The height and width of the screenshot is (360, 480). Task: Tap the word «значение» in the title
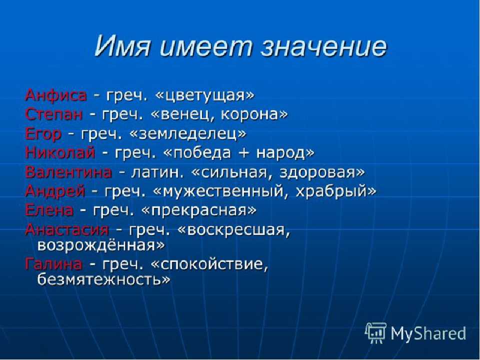(323, 47)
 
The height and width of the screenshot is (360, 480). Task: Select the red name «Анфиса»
(55, 95)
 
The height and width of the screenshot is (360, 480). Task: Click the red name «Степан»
(54, 114)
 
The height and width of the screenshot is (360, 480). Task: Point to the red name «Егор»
(43, 134)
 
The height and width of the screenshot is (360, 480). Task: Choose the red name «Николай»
(60, 152)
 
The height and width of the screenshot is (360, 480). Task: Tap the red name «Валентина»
(68, 172)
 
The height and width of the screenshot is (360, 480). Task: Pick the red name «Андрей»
(55, 191)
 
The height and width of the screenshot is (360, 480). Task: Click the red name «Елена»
(49, 210)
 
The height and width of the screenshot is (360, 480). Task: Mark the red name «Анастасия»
(67, 229)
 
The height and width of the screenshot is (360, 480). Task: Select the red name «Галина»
(53, 264)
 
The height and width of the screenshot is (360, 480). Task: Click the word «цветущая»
(205, 96)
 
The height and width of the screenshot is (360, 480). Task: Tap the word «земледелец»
(188, 134)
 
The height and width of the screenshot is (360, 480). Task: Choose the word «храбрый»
(335, 192)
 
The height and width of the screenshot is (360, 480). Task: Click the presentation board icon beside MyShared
(376, 332)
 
